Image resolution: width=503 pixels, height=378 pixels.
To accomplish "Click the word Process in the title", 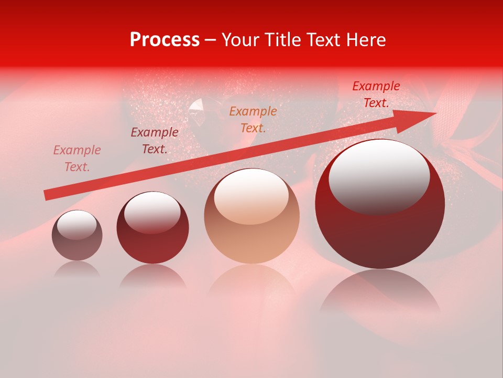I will tap(165, 40).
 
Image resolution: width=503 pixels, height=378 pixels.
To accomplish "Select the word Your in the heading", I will tap(239, 40).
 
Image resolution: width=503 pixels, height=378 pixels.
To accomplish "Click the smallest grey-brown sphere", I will tap(77, 236).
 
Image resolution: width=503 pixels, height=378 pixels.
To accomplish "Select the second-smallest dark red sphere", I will tap(152, 228).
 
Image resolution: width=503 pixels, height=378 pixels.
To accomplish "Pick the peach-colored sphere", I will tap(251, 216).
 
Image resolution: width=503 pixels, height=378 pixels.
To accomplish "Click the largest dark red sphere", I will tap(379, 204).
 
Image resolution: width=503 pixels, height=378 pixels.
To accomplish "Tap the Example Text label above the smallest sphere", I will tap(77, 159).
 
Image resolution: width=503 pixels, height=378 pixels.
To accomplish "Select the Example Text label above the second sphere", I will tap(154, 141).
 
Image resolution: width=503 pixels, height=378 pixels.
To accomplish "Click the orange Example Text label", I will tap(253, 119).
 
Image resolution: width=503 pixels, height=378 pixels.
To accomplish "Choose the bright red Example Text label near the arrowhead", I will tap(376, 94).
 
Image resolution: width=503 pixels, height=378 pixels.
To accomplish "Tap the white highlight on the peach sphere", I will tap(251, 197).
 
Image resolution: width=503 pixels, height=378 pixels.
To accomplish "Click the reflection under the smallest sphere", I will tap(77, 269).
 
